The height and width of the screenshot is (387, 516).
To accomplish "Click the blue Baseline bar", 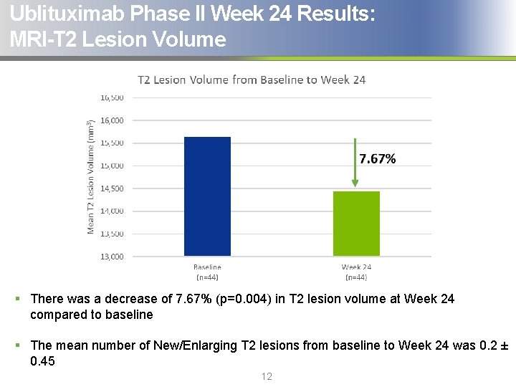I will [x=207, y=196].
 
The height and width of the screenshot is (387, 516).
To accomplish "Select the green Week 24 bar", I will [x=356, y=224].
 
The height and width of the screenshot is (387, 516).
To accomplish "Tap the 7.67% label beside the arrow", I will [x=377, y=159].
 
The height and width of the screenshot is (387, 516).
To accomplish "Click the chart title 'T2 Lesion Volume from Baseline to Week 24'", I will [x=252, y=80].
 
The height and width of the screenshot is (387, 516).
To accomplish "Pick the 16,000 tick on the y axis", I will [x=112, y=120].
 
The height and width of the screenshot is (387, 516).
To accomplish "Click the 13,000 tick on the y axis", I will [x=112, y=257].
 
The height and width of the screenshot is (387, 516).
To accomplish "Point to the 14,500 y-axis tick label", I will [x=112, y=188].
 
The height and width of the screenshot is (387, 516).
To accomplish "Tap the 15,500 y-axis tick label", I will [x=112, y=143].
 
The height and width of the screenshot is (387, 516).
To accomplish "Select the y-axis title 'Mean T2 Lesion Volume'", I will [x=91, y=176].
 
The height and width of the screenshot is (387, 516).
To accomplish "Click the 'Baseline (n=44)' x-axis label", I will [x=207, y=272].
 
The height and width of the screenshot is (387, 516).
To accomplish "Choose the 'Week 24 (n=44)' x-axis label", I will [x=356, y=272].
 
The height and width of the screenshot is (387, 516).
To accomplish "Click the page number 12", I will [x=267, y=376].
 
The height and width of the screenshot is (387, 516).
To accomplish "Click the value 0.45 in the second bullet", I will [x=42, y=361].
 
